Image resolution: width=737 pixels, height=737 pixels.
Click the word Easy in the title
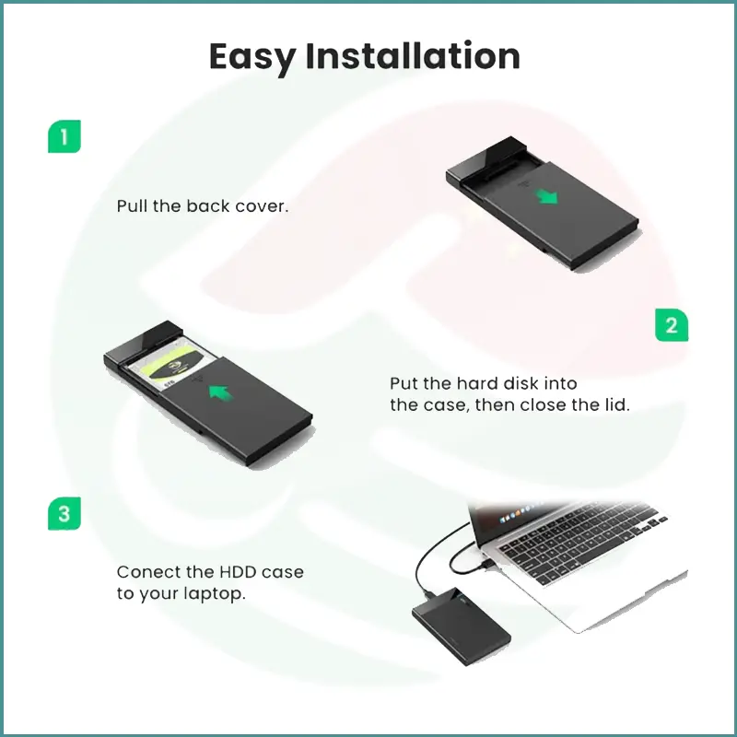252,56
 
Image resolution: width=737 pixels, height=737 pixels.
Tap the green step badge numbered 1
64,137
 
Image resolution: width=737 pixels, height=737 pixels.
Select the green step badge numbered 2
672,325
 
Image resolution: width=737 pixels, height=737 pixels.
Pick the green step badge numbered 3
64,513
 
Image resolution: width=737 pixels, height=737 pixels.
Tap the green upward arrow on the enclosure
219,393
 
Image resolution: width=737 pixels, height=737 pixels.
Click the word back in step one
207,206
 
